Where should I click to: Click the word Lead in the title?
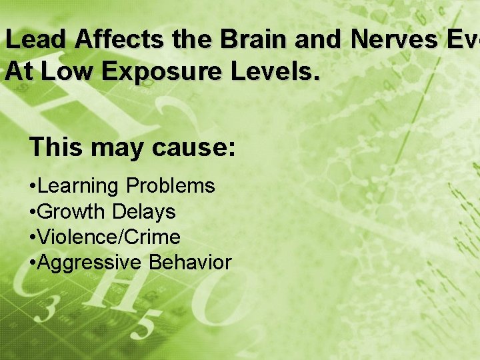(37, 40)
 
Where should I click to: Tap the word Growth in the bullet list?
(72, 212)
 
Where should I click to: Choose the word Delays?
(143, 212)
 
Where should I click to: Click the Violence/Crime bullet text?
(109, 237)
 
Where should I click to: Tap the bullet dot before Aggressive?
(33, 263)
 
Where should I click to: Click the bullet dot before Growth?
(33, 213)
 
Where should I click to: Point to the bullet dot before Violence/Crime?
(33, 238)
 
